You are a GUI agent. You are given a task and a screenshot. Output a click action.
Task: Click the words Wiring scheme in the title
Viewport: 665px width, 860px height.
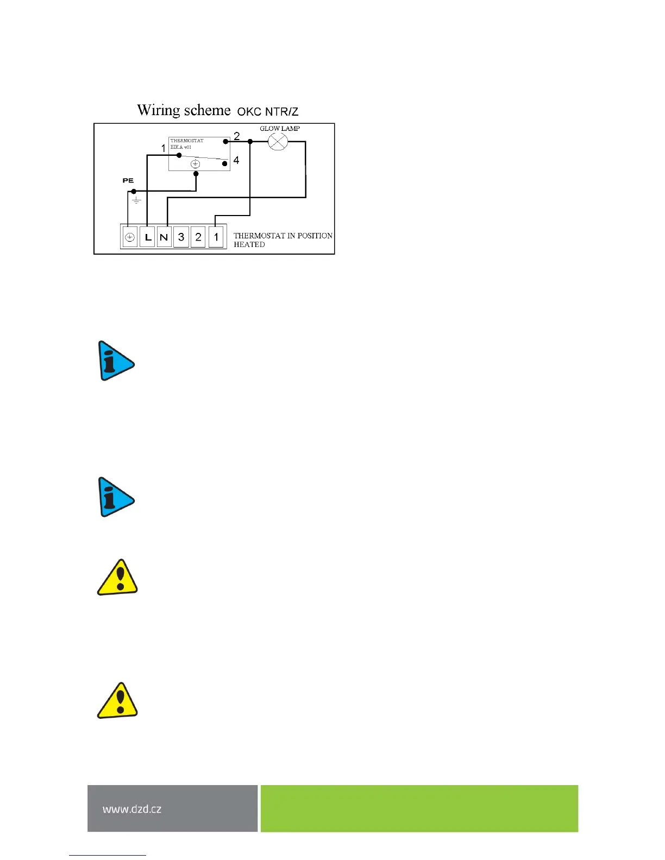184,110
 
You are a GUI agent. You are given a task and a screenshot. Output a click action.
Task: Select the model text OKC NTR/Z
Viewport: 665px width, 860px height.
268,112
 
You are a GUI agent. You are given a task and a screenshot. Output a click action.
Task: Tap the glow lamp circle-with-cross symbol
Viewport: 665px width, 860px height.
278,142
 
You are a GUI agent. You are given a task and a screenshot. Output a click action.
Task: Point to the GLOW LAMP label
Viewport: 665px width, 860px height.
280,129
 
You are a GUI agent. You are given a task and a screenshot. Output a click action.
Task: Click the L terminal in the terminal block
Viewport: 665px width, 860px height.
147,237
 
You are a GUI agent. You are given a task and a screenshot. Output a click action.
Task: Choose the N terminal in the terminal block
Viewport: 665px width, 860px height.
164,237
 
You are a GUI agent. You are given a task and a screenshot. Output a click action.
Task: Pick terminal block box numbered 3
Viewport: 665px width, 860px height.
181,237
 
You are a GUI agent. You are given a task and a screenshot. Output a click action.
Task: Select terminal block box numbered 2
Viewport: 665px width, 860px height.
198,237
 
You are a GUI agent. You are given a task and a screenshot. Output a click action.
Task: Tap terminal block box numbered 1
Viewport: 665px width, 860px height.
216,237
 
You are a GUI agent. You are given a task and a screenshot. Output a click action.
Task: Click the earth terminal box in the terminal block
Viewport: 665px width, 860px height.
130,237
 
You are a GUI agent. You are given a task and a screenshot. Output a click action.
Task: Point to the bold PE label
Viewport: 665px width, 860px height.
128,180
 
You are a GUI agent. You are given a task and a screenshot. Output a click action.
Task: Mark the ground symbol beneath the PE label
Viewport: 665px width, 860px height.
137,201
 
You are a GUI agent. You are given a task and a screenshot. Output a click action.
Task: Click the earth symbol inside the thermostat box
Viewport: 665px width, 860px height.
196,164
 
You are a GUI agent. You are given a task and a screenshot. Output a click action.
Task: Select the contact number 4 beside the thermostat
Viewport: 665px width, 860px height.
236,161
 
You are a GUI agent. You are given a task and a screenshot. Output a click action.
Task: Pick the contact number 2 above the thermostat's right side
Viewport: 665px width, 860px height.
237,136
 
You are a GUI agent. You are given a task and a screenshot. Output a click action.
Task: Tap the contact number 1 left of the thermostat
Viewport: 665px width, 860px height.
164,148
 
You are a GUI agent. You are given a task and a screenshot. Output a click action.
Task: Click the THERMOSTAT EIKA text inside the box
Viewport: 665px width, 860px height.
186,144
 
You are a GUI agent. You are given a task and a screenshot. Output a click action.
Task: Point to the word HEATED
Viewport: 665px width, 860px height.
249,245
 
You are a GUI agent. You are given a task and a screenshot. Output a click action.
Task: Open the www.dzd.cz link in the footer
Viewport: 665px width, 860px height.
132,809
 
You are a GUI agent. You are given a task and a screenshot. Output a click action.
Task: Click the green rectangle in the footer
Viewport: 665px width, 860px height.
419,808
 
